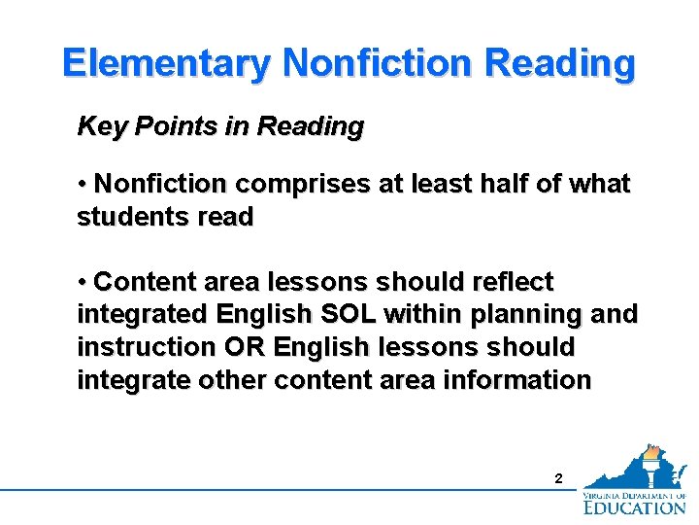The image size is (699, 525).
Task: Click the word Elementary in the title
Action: click(166, 63)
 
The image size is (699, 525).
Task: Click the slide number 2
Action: click(557, 478)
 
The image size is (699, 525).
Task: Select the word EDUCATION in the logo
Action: click(635, 507)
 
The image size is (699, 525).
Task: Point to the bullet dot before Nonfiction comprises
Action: click(83, 184)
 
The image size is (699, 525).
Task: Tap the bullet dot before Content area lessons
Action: click(83, 282)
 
